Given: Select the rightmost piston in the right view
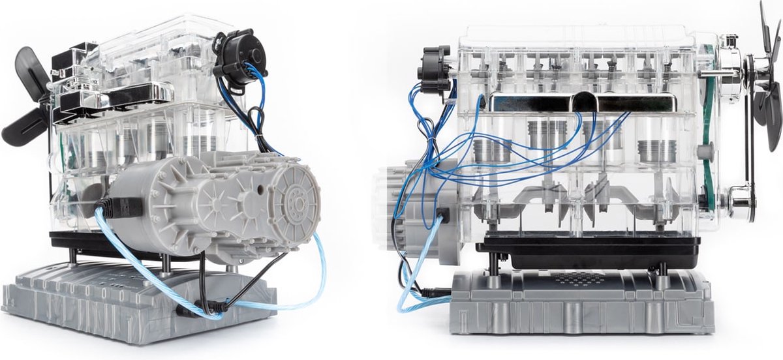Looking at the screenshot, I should [655, 152].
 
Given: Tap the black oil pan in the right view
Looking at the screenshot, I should [587, 251].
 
